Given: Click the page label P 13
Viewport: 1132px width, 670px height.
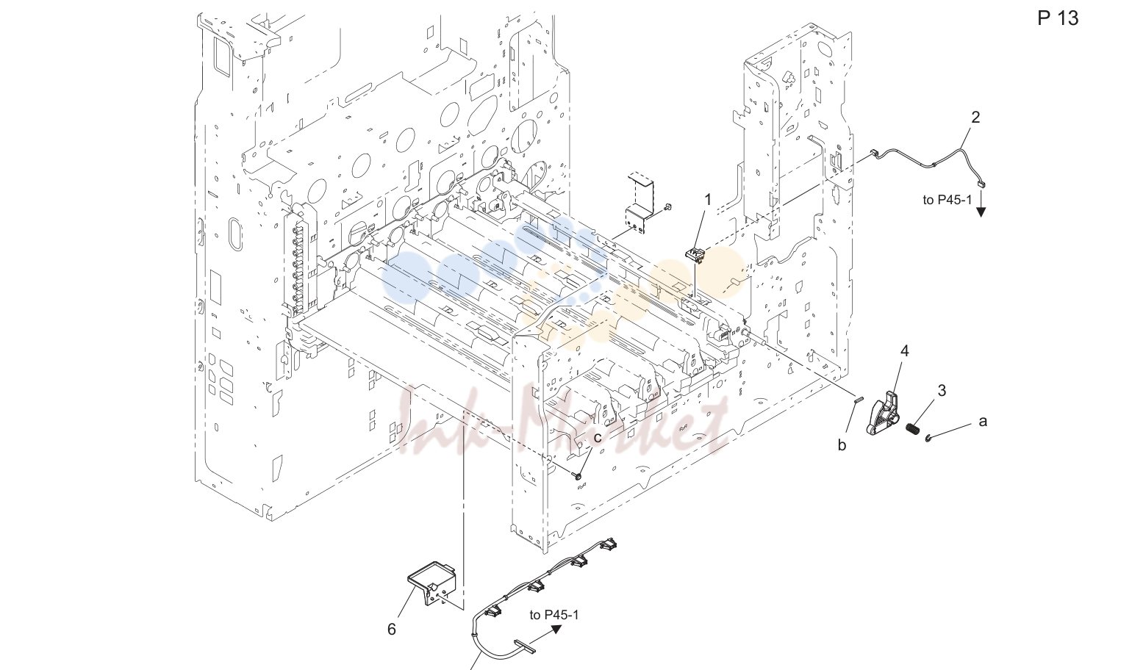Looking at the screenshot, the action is pyautogui.click(x=1058, y=18).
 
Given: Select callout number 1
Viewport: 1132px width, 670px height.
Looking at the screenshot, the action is pyautogui.click(x=708, y=200).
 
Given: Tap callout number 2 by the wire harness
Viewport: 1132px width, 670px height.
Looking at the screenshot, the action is pyautogui.click(x=975, y=117).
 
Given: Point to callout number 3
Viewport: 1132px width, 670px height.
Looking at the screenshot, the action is pyautogui.click(x=942, y=390).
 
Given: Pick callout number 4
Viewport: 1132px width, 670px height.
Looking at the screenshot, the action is pyautogui.click(x=905, y=351).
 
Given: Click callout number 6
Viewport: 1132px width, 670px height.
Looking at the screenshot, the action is pyautogui.click(x=392, y=629).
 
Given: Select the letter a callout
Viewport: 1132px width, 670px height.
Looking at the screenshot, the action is pyautogui.click(x=983, y=422).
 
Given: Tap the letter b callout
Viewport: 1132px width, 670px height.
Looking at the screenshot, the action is pyautogui.click(x=842, y=444).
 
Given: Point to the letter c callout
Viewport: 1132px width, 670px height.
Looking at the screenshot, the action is pyautogui.click(x=598, y=438).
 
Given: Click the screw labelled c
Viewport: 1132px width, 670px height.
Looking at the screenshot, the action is pyautogui.click(x=578, y=475).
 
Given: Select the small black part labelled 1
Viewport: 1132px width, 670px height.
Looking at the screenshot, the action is pyautogui.click(x=695, y=255).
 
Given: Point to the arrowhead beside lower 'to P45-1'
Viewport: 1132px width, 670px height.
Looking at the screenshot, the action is pyautogui.click(x=556, y=629).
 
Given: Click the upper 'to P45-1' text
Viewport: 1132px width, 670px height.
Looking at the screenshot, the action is pyautogui.click(x=947, y=200).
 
